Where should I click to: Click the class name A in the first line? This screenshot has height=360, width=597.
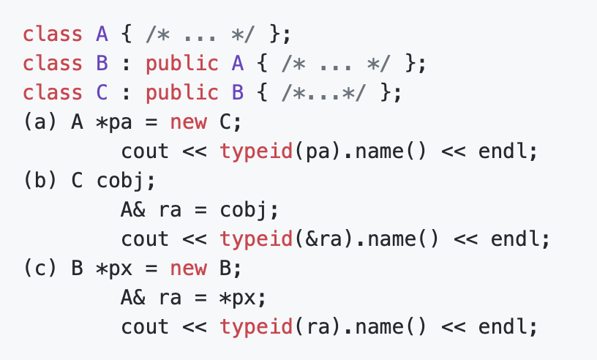(x=102, y=34)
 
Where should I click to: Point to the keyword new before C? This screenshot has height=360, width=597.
(x=188, y=122)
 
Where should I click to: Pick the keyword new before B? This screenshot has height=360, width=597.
(x=188, y=269)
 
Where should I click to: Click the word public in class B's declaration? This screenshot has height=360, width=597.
(x=181, y=64)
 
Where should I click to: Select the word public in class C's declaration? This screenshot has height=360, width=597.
(x=181, y=93)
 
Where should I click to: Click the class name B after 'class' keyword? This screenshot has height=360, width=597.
(x=102, y=64)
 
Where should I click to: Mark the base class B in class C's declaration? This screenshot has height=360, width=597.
(x=237, y=93)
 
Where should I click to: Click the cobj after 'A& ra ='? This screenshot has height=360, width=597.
(x=243, y=210)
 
